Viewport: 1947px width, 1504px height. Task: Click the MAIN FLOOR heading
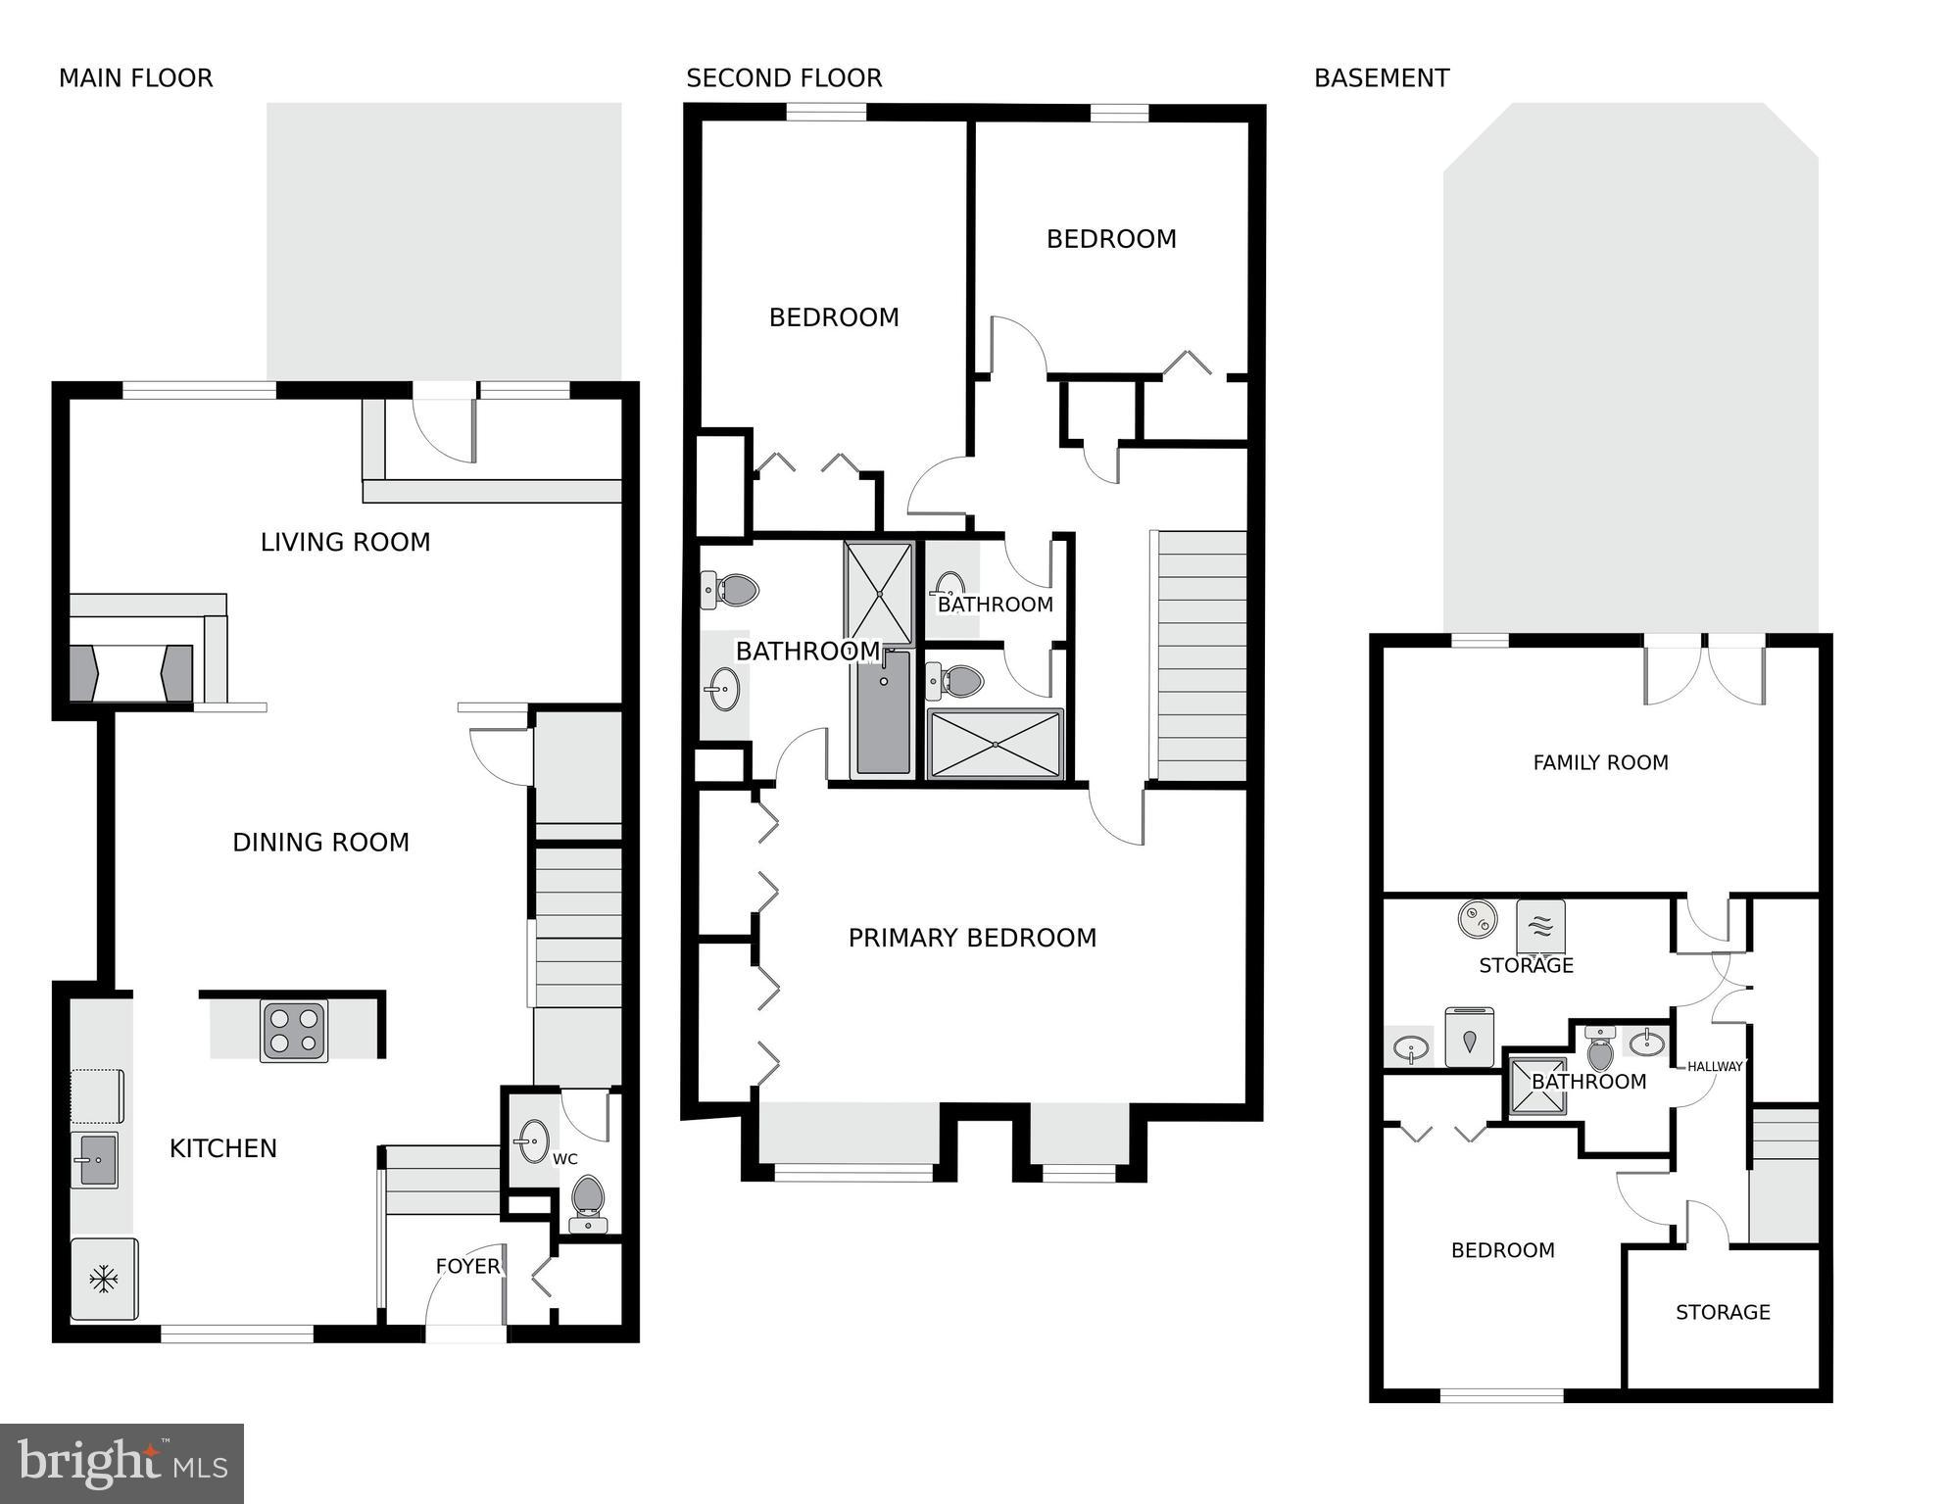click(x=135, y=78)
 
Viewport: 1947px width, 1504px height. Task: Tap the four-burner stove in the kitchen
click(x=294, y=1031)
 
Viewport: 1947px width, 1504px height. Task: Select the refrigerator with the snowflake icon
click(x=104, y=1279)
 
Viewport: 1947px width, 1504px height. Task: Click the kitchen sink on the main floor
click(x=95, y=1160)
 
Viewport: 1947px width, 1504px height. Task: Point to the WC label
click(x=565, y=1159)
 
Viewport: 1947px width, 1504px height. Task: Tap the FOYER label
click(x=467, y=1266)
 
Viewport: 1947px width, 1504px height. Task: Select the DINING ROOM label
click(x=320, y=843)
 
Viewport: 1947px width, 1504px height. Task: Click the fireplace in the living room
click(x=130, y=673)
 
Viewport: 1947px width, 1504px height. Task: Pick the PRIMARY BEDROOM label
click(x=972, y=938)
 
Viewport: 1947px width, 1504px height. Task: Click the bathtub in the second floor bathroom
click(x=883, y=712)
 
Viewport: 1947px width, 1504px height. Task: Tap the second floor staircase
click(x=1202, y=656)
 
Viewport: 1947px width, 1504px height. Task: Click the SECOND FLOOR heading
click(x=784, y=78)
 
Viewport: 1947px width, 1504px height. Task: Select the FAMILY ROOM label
click(x=1600, y=762)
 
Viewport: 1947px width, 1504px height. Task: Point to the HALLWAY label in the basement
click(x=1715, y=1066)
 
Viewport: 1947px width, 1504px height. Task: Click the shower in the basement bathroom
click(x=1537, y=1086)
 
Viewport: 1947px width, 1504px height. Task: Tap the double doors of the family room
click(x=1705, y=671)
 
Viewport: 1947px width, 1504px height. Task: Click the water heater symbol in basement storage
click(x=1478, y=920)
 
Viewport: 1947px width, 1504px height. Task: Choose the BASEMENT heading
click(x=1382, y=78)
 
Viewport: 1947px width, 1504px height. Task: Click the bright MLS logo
click(x=122, y=1464)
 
